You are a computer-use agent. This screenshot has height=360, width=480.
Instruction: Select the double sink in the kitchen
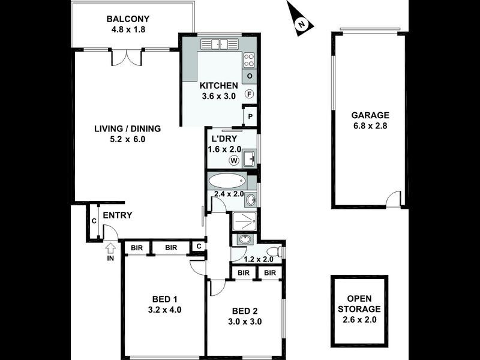219,44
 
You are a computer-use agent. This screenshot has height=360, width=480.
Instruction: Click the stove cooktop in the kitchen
250,59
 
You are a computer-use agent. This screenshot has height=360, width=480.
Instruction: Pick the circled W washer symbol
233,160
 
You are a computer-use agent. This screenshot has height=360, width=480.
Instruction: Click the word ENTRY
118,216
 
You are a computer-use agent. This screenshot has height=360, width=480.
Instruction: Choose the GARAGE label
370,115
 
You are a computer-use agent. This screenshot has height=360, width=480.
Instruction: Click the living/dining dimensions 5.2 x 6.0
128,139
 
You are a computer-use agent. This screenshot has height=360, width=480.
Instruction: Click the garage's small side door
394,199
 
